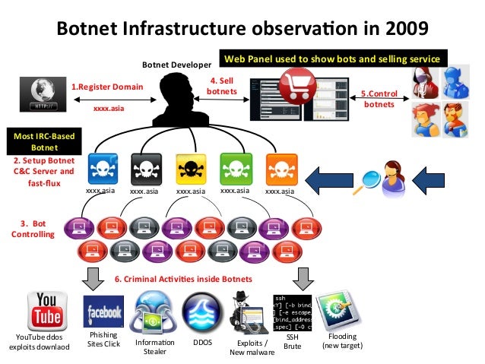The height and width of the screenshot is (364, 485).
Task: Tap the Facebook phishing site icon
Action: click(x=103, y=312)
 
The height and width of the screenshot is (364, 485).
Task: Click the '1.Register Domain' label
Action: click(x=106, y=87)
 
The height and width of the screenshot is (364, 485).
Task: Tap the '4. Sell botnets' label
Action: click(x=221, y=86)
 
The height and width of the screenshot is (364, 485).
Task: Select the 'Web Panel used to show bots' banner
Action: click(x=331, y=59)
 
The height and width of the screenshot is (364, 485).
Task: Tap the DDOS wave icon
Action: click(x=201, y=312)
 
